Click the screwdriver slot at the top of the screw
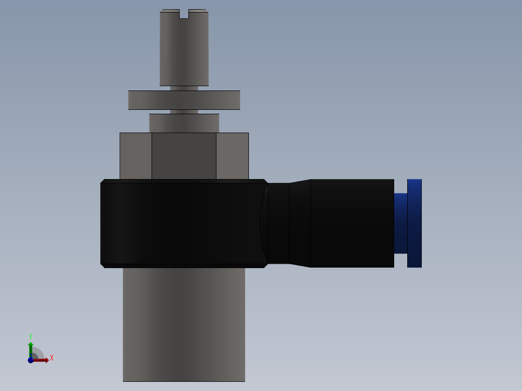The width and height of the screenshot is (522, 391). (x=184, y=14)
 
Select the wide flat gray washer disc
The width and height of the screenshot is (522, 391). (x=184, y=100)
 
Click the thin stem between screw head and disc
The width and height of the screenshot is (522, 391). (x=184, y=88)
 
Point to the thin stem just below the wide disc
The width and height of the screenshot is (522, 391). (x=184, y=112)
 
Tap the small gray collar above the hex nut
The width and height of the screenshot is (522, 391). (x=184, y=123)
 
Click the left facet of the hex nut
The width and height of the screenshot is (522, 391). (x=136, y=156)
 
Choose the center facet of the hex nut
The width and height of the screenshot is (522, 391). (x=184, y=156)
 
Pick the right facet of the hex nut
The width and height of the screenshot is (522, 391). (x=232, y=156)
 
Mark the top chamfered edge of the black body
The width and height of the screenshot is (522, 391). (x=184, y=181)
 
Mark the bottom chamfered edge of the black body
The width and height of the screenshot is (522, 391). (x=184, y=266)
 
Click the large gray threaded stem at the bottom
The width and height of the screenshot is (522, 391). (x=184, y=324)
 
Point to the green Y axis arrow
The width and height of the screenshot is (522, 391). (x=31, y=347)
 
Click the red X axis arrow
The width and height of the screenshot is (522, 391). (x=43, y=360)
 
